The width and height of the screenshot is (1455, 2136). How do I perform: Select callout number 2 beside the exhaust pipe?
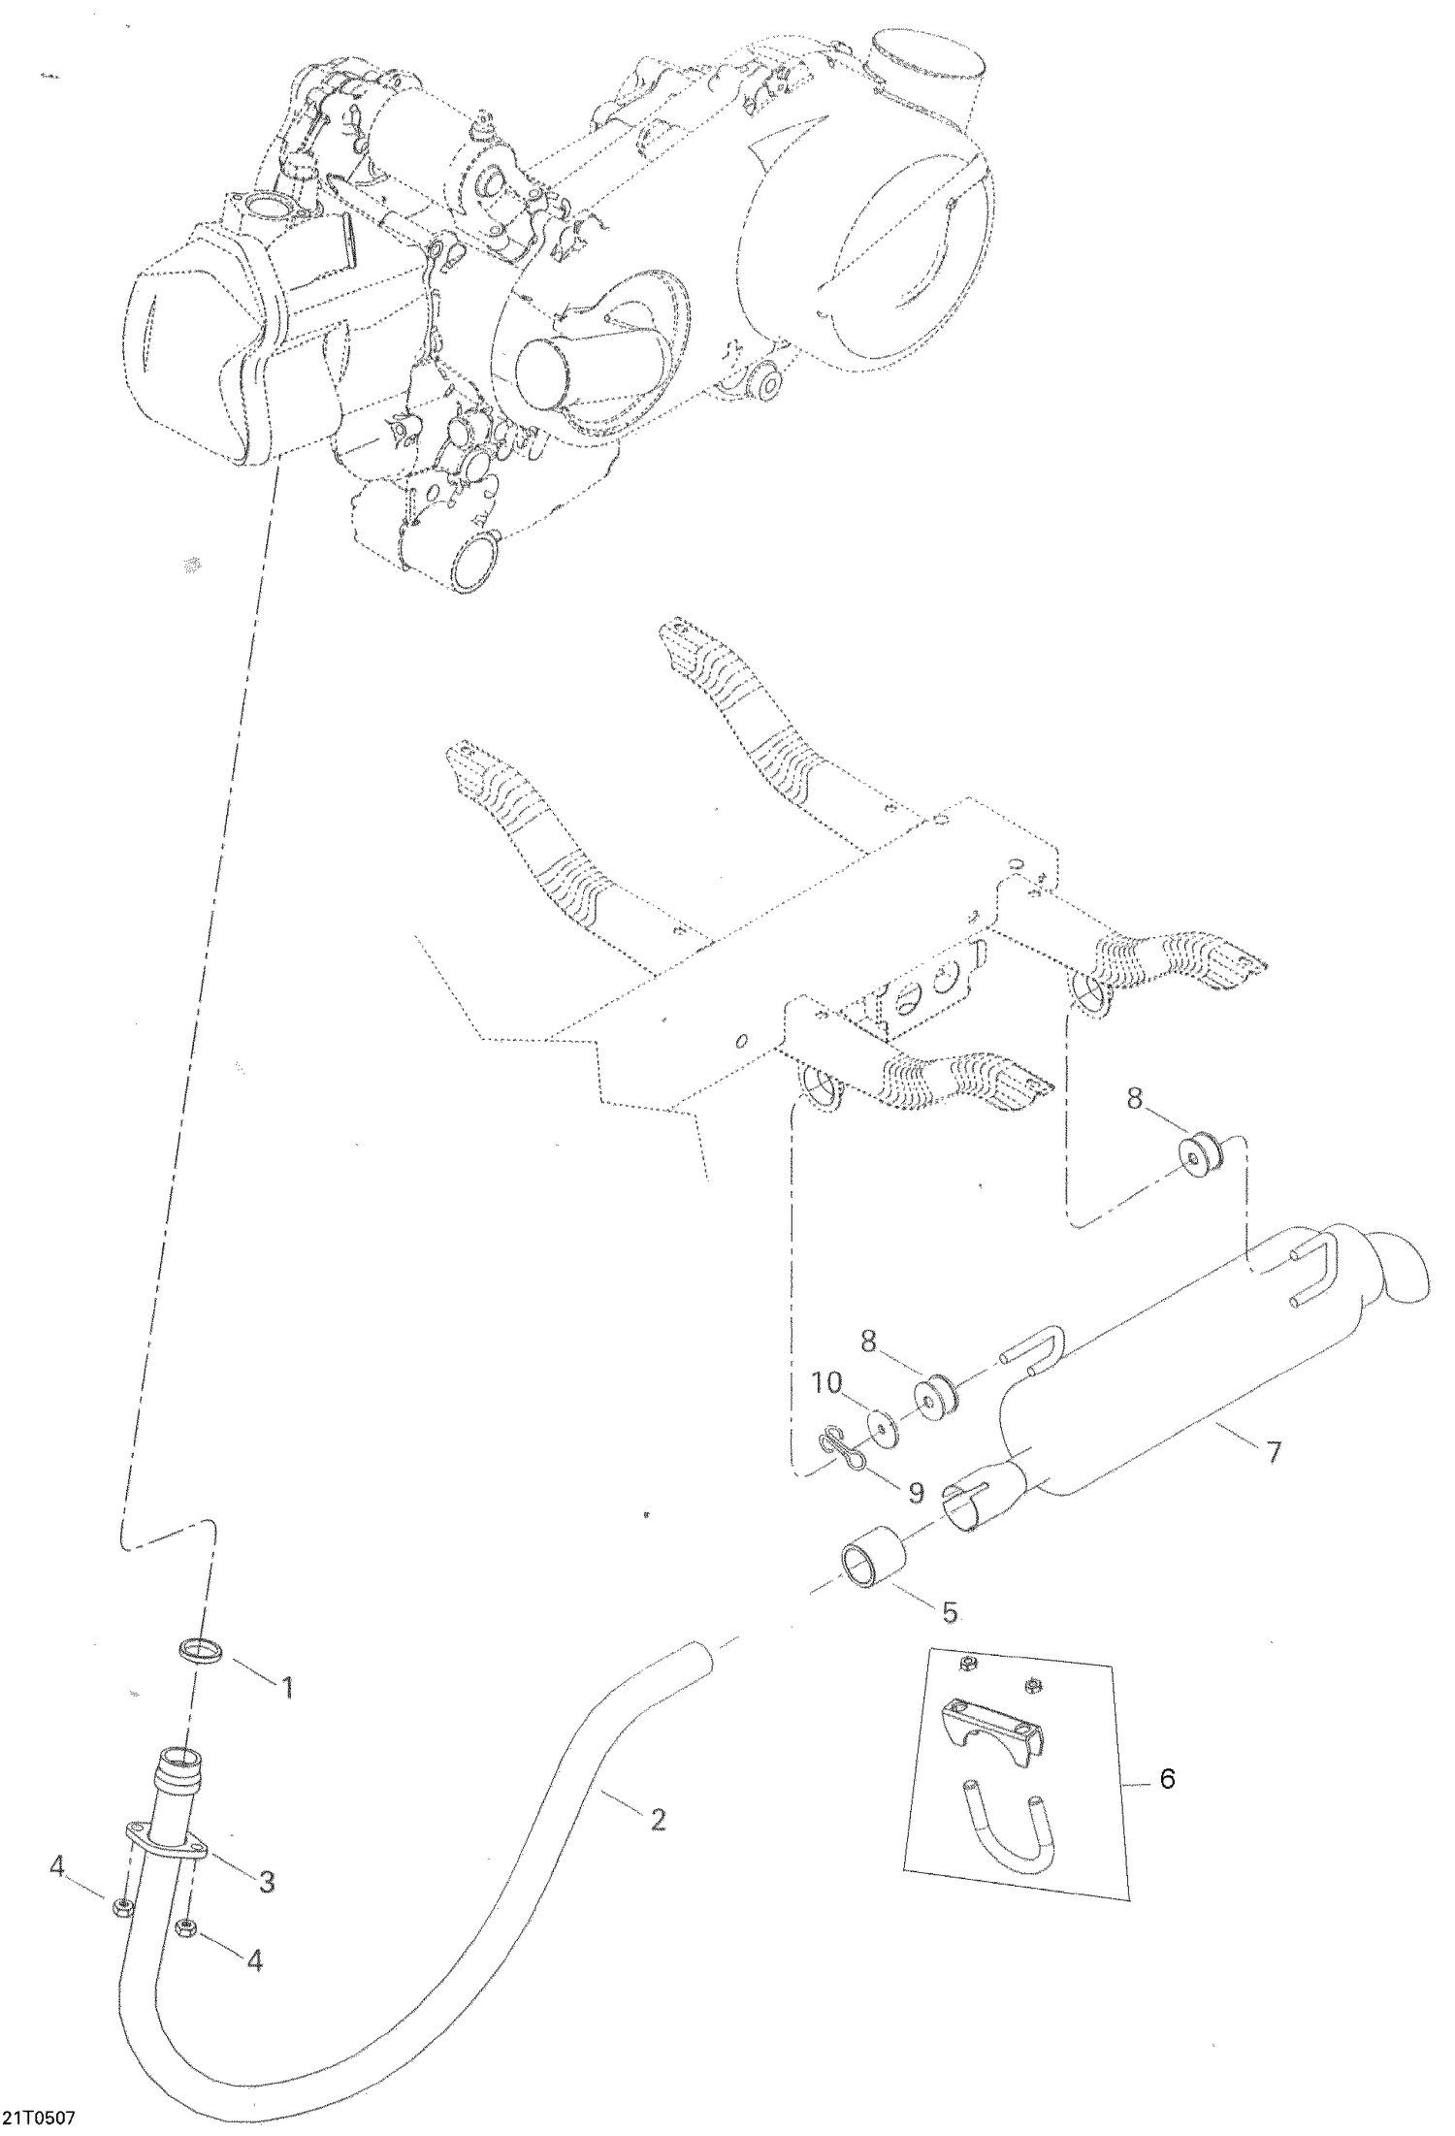[658, 1821]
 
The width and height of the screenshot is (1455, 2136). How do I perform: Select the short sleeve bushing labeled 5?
[870, 1566]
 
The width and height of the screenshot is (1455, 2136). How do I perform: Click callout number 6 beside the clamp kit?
[1167, 1779]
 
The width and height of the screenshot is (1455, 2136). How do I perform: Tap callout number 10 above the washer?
[827, 1384]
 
